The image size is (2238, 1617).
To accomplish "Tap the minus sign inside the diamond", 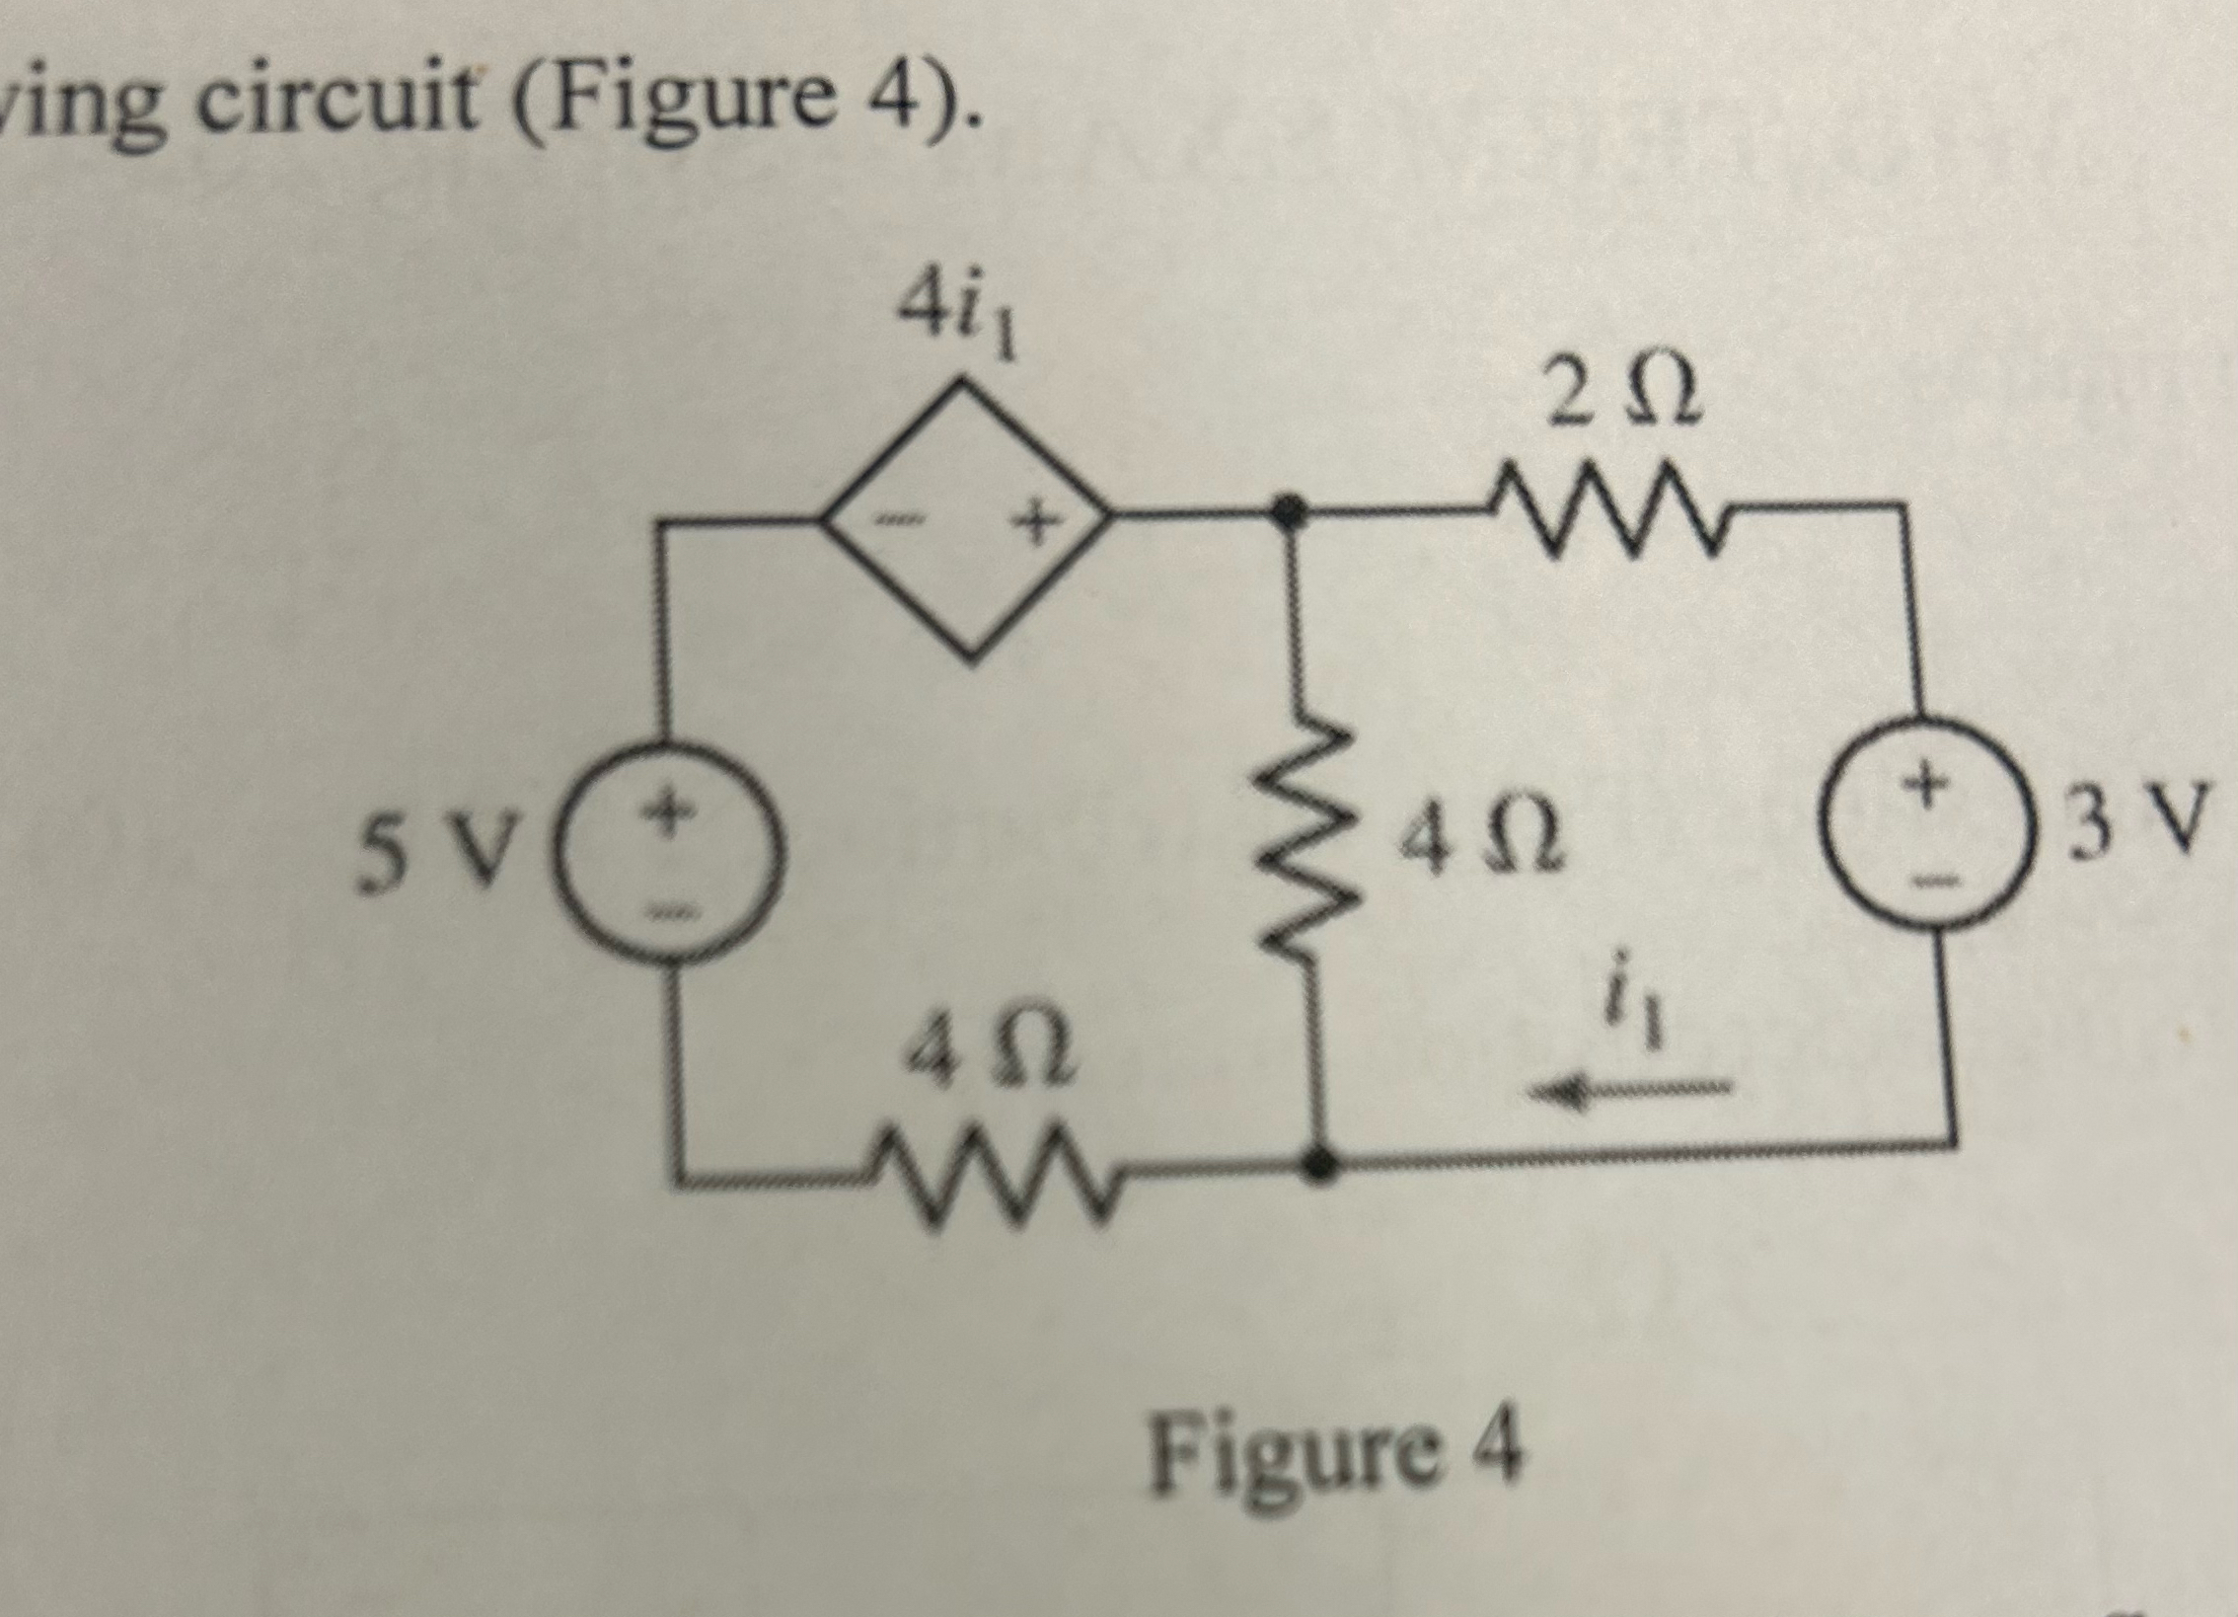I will point(898,517).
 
